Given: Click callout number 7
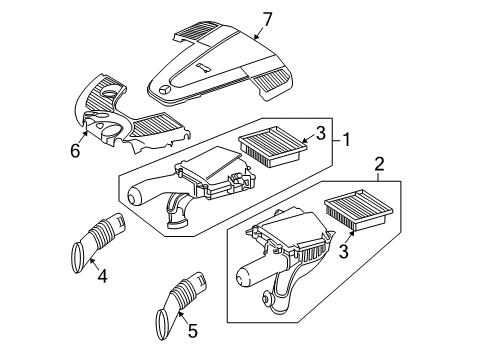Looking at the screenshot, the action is pyautogui.click(x=267, y=20).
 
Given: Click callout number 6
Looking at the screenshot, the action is pyautogui.click(x=75, y=151).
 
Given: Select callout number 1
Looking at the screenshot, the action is pyautogui.click(x=347, y=139).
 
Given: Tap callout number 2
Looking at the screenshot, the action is pyautogui.click(x=379, y=164).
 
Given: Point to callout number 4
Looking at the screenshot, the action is pyautogui.click(x=102, y=276).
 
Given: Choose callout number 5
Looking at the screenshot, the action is pyautogui.click(x=193, y=330).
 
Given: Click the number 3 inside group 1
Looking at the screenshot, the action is pyautogui.click(x=320, y=133).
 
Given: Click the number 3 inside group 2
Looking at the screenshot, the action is pyautogui.click(x=343, y=251).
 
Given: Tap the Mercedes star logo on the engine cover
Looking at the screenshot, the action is pyautogui.click(x=164, y=90).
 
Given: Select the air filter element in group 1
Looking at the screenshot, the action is pyautogui.click(x=273, y=146).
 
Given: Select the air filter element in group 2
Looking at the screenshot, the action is pyautogui.click(x=359, y=209).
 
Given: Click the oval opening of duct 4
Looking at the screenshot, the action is pyautogui.click(x=78, y=258).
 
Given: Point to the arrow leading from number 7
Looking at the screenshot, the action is pyautogui.click(x=260, y=32).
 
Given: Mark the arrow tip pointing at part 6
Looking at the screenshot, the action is pyautogui.click(x=86, y=132).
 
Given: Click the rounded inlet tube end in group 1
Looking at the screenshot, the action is pyautogui.click(x=137, y=197).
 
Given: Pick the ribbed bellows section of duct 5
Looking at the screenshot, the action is pyautogui.click(x=184, y=292).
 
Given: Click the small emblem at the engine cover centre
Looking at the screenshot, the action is pyautogui.click(x=203, y=68).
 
